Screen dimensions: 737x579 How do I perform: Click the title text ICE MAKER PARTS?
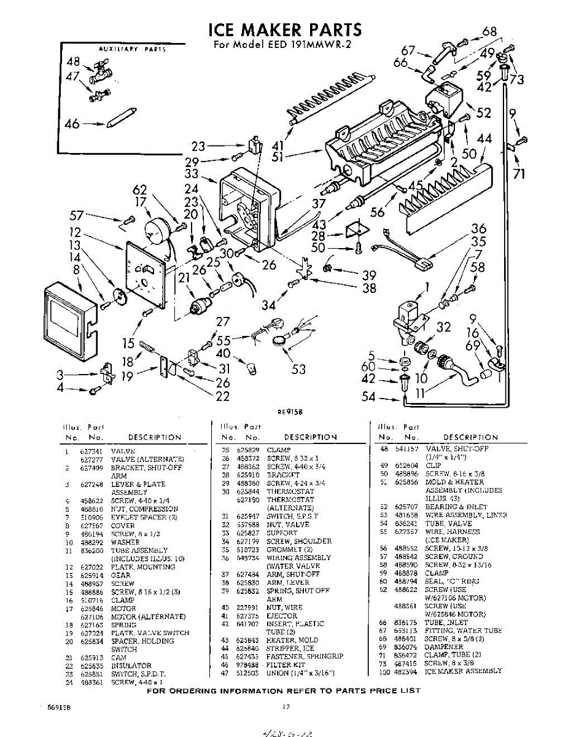285,29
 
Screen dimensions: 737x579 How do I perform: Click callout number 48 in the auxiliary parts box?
73,61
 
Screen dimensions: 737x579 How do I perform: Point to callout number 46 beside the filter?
72,124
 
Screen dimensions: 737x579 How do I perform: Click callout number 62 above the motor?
140,190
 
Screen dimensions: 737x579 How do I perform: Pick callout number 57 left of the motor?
76,216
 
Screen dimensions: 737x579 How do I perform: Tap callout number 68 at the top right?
489,32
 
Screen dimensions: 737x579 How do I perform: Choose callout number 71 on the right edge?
519,174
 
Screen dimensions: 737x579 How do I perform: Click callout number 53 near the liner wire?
298,369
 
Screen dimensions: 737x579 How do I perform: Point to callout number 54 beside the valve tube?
368,397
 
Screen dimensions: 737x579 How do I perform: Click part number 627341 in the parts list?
90,451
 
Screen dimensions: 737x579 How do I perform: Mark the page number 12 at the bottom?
286,708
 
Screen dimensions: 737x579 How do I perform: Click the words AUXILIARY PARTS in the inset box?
132,49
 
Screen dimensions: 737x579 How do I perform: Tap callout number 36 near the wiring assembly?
478,229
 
